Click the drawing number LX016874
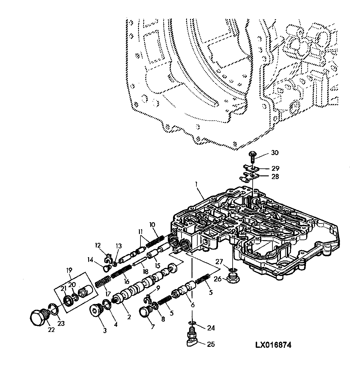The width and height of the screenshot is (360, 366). pyautogui.click(x=273, y=345)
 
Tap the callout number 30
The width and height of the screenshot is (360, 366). pyautogui.click(x=275, y=153)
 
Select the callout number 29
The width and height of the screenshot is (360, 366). pyautogui.click(x=275, y=168)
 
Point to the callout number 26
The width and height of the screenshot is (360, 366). pyautogui.click(x=218, y=279)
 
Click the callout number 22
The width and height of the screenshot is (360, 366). pyautogui.click(x=51, y=330)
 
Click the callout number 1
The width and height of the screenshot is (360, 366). pyautogui.click(x=196, y=184)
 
